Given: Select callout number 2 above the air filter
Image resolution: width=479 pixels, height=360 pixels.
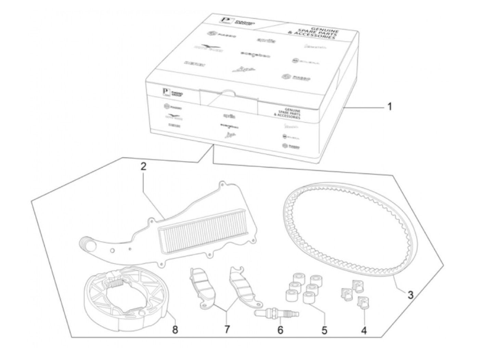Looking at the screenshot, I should [x=144, y=167].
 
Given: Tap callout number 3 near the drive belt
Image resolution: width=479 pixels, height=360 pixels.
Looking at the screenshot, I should [x=410, y=294].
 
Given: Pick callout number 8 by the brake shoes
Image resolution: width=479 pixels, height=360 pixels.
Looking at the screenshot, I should [x=175, y=331].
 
